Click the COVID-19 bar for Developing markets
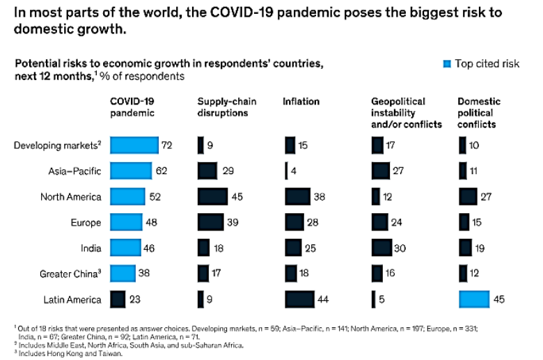coord(134,146)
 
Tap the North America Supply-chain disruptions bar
coord(212,197)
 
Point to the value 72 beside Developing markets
coord(168,146)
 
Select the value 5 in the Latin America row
coord(381,300)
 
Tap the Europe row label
coord(87,223)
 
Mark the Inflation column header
coord(301,102)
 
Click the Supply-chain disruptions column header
coord(227,107)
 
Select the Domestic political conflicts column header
coord(479,113)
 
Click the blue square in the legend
coord(447,64)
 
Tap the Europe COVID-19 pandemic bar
coord(126,223)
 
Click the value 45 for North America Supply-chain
coord(238,197)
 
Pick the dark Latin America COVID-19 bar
coord(118,300)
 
